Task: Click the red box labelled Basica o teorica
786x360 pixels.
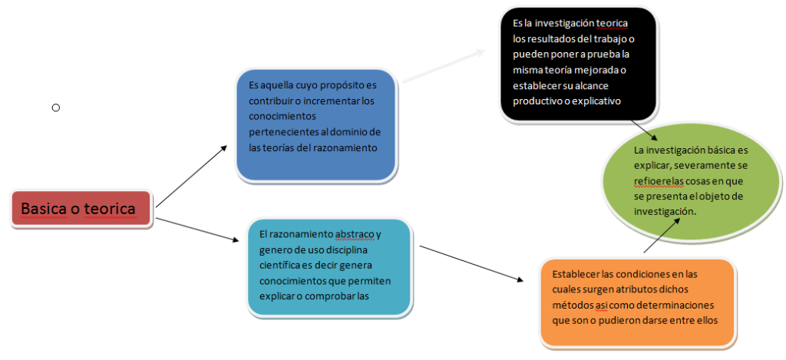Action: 83,208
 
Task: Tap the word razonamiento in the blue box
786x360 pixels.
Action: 345,147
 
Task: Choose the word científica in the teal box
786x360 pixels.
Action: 283,266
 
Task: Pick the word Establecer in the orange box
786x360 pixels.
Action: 577,274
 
